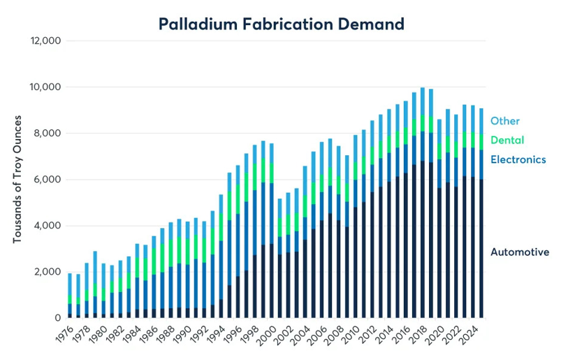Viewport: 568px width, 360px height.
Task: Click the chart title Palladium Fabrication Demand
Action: [282, 24]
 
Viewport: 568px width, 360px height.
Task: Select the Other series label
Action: [504, 121]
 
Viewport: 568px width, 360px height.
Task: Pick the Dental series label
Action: [506, 140]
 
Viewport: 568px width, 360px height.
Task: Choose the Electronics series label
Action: [518, 159]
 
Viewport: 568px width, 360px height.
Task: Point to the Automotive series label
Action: [519, 252]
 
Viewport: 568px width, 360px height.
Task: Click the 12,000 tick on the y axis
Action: [46, 41]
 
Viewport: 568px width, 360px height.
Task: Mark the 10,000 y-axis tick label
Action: [46, 87]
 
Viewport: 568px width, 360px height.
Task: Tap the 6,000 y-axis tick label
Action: [48, 180]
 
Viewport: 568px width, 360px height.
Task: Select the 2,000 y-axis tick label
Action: [48, 272]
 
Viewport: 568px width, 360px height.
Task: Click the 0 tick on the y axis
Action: [59, 318]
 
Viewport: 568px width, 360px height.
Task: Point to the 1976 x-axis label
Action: [64, 335]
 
